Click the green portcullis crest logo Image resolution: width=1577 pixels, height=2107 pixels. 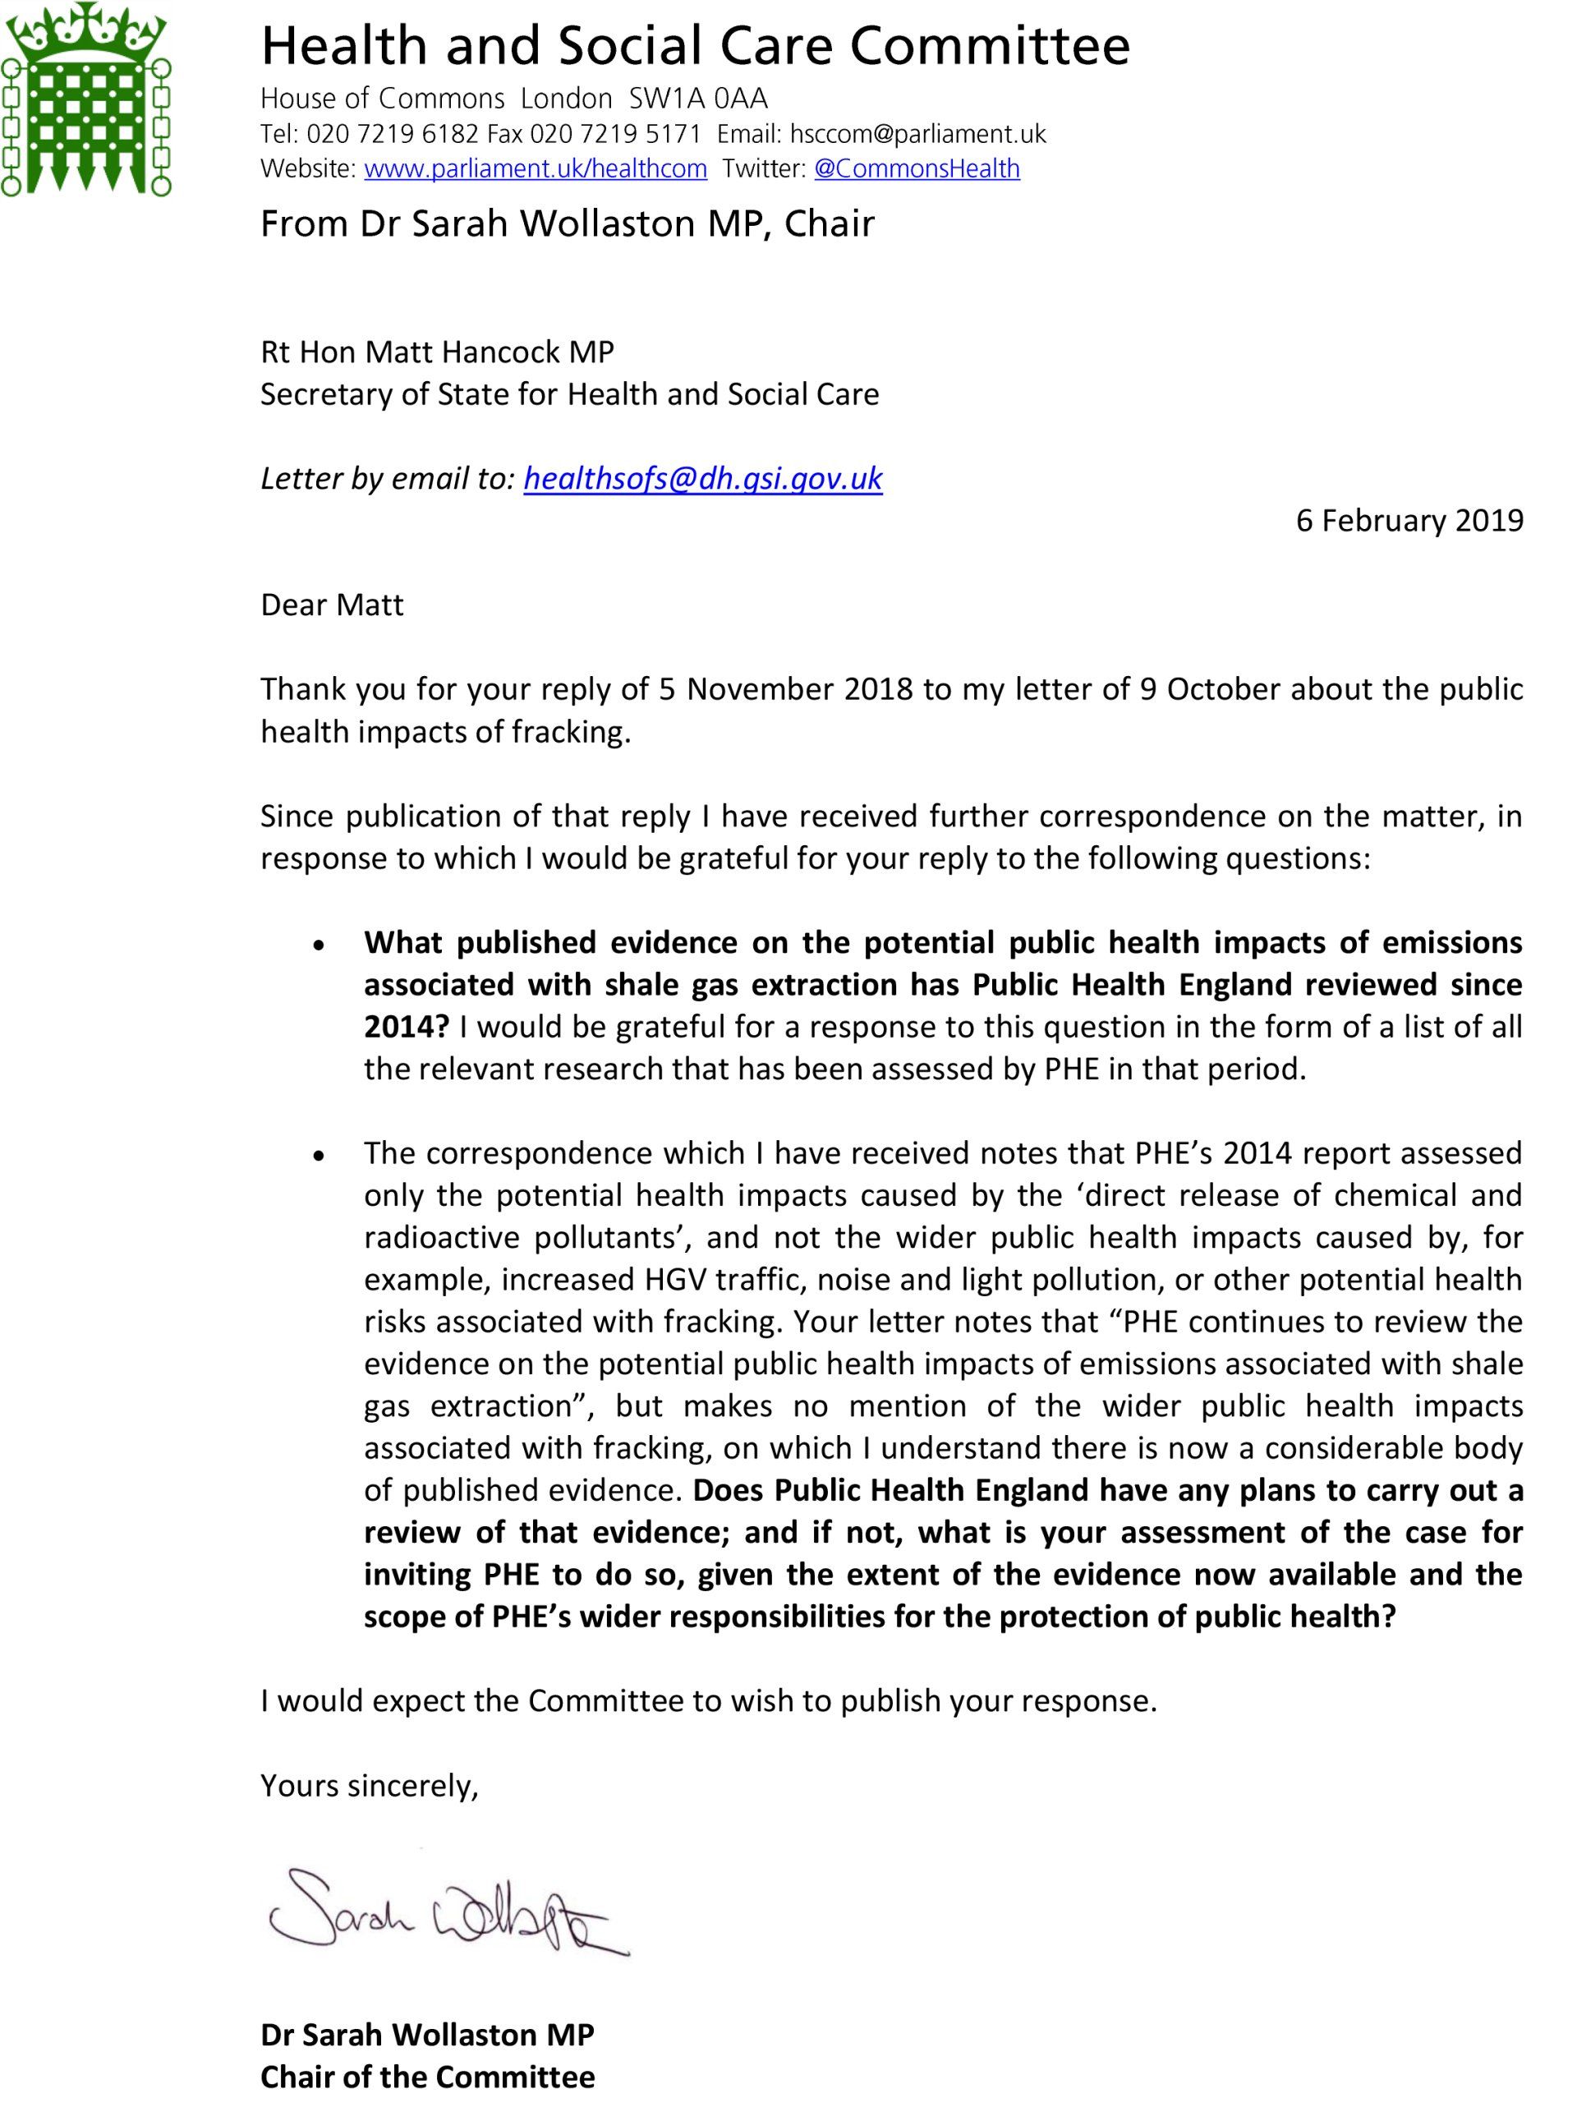coord(85,100)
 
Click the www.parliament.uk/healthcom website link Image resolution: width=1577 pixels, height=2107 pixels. coord(536,169)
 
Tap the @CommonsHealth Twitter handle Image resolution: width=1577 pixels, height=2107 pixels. coord(916,169)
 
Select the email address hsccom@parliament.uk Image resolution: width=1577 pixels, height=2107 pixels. coord(918,135)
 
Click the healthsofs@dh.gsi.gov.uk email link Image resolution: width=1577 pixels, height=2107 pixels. coord(703,478)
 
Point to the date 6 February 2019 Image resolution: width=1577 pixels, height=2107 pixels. coord(1409,520)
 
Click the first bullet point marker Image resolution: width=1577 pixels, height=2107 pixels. coord(320,945)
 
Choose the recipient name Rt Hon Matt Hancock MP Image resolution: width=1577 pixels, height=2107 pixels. coord(437,352)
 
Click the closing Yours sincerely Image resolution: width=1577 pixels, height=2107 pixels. coord(370,1785)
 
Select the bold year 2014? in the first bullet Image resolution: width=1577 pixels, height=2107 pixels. coord(406,1027)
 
